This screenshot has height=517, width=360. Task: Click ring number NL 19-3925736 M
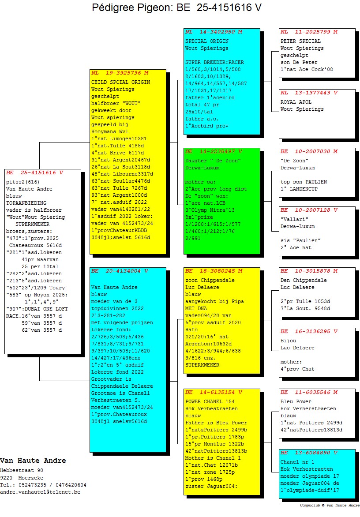click(120, 73)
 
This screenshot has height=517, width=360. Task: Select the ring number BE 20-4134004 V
click(120, 271)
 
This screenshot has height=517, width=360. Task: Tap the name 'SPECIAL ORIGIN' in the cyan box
click(207, 41)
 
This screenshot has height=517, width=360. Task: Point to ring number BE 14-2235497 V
click(214, 152)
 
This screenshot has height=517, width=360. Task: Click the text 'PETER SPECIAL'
click(300, 41)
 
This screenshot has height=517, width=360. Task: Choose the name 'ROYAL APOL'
click(296, 102)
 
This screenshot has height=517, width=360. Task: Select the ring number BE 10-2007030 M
click(309, 152)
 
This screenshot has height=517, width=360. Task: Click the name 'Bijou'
click(288, 341)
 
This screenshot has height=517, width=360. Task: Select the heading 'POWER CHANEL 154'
click(210, 401)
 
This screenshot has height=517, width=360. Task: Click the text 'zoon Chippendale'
click(210, 280)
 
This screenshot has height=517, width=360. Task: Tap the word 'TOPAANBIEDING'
click(26, 203)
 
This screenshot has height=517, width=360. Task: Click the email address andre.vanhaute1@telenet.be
click(40, 492)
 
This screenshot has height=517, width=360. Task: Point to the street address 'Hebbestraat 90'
click(22, 471)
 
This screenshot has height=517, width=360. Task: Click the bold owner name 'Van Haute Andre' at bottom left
click(33, 461)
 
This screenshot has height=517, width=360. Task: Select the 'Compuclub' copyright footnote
click(330, 505)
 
